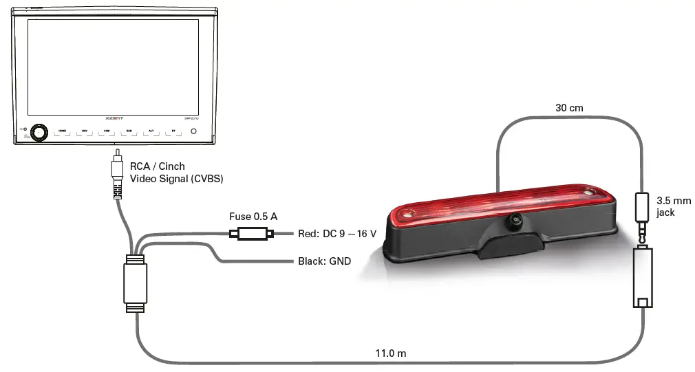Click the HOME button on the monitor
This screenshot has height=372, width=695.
63,131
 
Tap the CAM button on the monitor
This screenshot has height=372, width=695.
107,131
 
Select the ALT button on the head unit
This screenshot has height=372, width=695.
151,131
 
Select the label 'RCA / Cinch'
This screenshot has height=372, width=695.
158,166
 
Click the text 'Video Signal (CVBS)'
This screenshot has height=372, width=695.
177,179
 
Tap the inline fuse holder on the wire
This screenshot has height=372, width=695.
251,234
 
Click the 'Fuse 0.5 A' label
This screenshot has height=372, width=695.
253,217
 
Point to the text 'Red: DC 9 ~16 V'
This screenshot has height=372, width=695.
337,234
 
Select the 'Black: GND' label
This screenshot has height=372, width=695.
324,261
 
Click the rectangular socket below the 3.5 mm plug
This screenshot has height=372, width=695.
643,278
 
